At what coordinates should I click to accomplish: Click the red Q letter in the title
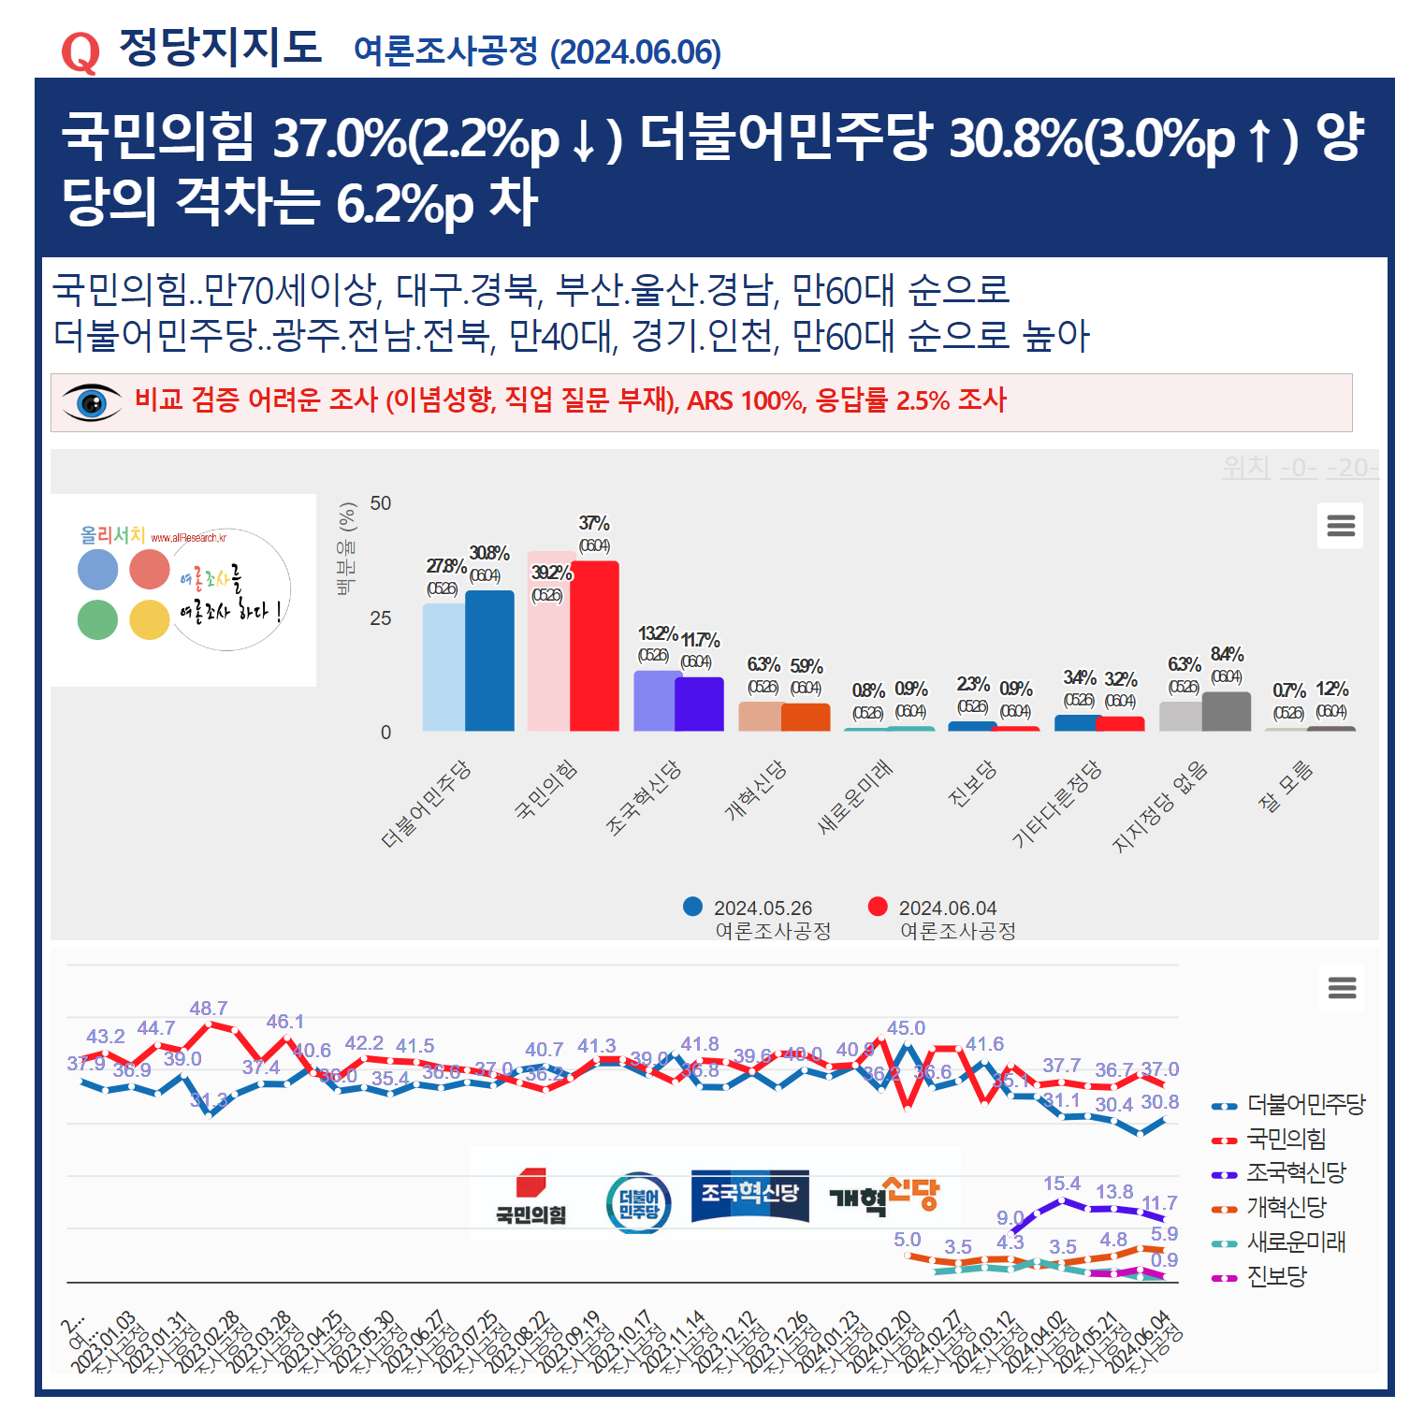tap(80, 52)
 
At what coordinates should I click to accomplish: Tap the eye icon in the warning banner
tap(92, 402)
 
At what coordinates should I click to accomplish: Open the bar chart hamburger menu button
tap(1340, 526)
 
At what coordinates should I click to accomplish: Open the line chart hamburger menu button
tap(1342, 988)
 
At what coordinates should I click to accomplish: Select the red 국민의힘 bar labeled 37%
tap(595, 646)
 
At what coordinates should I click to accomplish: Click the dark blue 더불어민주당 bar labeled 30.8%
tap(489, 661)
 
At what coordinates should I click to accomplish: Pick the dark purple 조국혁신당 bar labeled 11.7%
tap(699, 704)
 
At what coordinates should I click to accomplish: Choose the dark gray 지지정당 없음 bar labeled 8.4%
tap(1226, 711)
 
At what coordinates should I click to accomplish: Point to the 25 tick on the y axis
tap(380, 618)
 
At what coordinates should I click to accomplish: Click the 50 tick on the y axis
tap(380, 503)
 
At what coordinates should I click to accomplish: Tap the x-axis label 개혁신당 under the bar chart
tap(756, 792)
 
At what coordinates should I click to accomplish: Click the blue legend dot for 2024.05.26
tap(692, 907)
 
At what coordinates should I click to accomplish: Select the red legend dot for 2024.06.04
tap(878, 907)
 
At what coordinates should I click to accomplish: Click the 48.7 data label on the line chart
tap(208, 1009)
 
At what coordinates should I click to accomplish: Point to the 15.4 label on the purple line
tap(1061, 1184)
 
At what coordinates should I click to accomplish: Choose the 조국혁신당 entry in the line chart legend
tap(1295, 1173)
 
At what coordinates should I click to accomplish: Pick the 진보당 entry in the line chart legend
tap(1276, 1277)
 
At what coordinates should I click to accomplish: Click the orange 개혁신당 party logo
tap(884, 1196)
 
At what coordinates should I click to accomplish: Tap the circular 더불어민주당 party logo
tap(638, 1202)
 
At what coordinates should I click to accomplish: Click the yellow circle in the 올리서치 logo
tap(149, 619)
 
